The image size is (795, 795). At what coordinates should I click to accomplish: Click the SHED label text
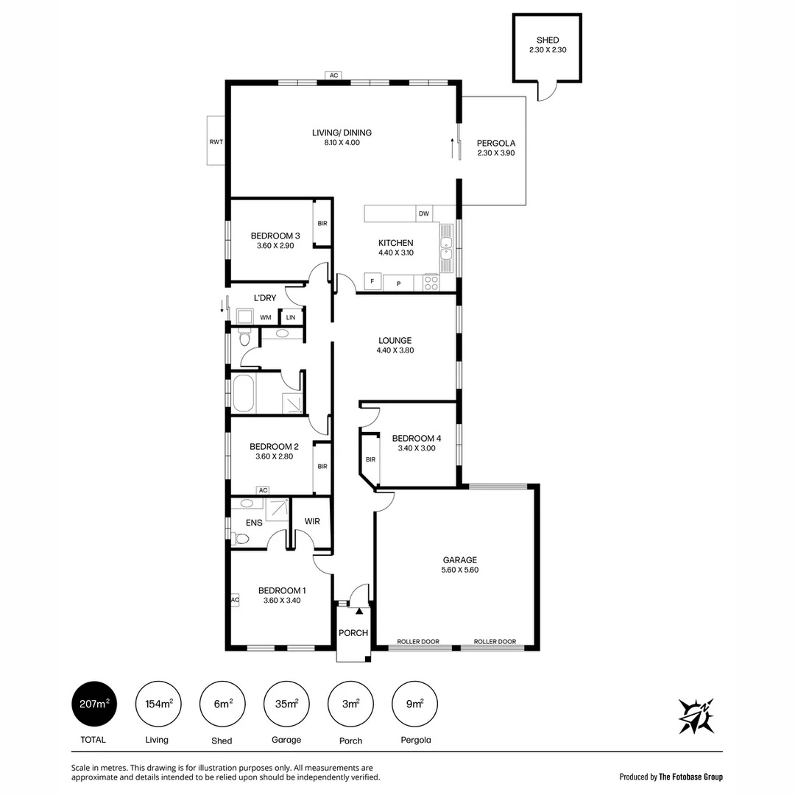548,40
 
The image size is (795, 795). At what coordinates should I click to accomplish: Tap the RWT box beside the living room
216,141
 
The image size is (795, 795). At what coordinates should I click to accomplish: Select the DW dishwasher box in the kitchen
424,213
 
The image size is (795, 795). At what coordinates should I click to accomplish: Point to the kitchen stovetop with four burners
431,283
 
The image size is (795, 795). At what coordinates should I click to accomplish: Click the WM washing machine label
266,317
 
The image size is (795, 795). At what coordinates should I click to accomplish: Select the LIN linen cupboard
291,317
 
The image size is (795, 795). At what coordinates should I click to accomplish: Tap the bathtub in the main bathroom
244,394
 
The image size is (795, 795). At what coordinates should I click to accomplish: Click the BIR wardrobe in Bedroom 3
322,223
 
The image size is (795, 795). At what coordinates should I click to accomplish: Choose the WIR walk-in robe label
312,521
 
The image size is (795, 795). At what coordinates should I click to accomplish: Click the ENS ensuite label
255,523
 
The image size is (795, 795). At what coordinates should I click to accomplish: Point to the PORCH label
353,633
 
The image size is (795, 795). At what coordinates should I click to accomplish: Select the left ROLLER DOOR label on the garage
418,642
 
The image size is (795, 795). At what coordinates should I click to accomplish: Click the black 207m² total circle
93,704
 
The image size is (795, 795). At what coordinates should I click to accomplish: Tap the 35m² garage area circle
286,704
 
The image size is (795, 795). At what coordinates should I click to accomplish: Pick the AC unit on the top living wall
333,75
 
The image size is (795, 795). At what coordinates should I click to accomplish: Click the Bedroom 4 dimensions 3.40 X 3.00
417,448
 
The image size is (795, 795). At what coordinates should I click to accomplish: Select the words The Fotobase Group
690,777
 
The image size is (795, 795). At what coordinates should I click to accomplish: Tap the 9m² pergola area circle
414,704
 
